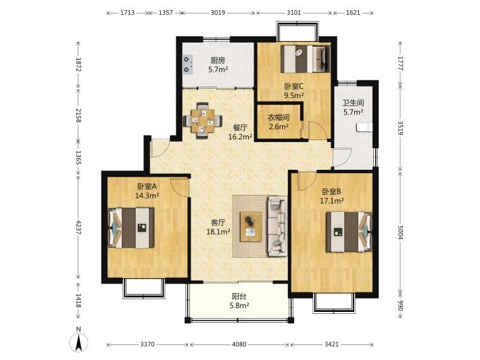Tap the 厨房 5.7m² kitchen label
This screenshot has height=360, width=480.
pos(218,65)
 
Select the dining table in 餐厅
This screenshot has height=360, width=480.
pos(202,120)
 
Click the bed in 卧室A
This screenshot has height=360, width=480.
pos(131,227)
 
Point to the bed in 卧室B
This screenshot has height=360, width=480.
pos(349,231)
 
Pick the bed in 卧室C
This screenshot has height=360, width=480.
pos(306,58)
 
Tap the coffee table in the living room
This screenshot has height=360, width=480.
pos(251,227)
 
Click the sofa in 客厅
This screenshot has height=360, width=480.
pos(278,226)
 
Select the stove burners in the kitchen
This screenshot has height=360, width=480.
pos(188,64)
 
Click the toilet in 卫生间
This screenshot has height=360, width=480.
pos(364,127)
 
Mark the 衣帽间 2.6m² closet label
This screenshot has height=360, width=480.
pos(279,122)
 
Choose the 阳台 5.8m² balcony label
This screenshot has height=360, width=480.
pos(239,301)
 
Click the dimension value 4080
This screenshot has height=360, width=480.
pos(239,344)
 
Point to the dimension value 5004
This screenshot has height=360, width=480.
pos(400,233)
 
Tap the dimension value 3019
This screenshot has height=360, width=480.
pos(218,13)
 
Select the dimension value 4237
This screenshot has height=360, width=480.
pos(78,228)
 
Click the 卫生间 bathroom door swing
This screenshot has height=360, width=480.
pos(342,158)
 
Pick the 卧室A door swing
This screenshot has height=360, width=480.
pos(179,187)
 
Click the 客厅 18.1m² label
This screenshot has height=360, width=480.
pos(218,227)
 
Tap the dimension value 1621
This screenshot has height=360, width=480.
pos(353,13)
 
